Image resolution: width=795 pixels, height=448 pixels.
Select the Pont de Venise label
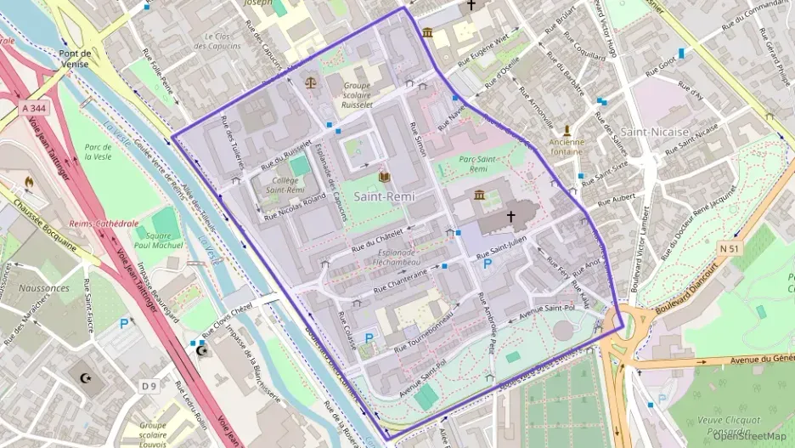[76, 58]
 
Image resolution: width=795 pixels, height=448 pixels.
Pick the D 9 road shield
[149, 386]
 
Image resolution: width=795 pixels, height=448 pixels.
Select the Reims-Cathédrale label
[104, 223]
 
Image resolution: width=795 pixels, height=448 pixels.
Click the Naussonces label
[42, 288]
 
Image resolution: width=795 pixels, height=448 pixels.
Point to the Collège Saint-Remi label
[285, 186]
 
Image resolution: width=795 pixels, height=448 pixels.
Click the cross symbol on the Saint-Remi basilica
[511, 217]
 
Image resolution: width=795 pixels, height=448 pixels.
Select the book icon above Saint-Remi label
[384, 177]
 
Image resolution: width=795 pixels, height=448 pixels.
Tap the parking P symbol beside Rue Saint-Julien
[488, 264]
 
